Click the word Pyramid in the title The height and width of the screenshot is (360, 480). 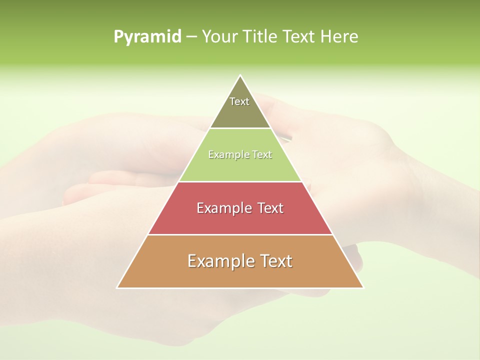(x=147, y=37)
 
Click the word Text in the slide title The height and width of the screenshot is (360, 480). (x=300, y=36)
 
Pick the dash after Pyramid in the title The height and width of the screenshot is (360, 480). (x=191, y=37)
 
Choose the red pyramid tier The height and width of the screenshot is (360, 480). (x=240, y=220)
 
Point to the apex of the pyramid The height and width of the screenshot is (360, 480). (x=240, y=76)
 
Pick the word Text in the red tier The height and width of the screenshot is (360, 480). (x=270, y=208)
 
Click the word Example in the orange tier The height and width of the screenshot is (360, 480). (x=220, y=261)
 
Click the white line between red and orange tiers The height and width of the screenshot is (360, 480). (x=240, y=234)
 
